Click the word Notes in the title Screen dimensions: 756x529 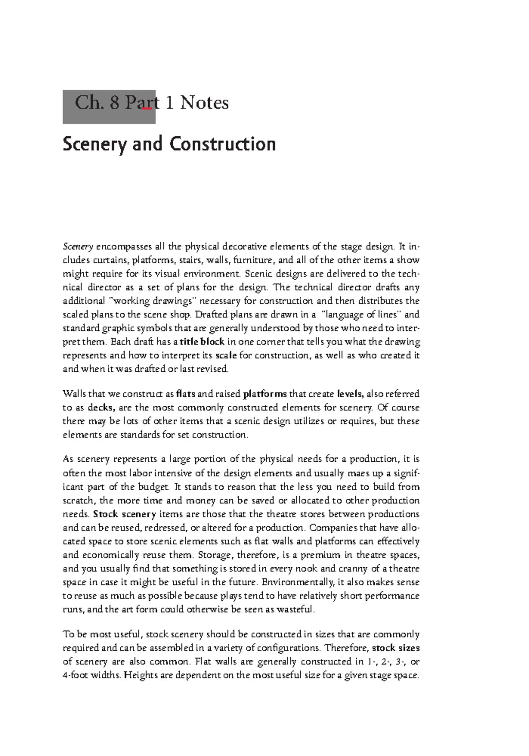pos(204,103)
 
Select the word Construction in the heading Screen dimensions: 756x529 pos(222,144)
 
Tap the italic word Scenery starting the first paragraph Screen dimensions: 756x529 pos(78,247)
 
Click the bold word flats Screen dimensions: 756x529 pos(185,393)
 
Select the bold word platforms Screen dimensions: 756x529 pos(265,393)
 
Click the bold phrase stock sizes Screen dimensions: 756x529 pos(395,648)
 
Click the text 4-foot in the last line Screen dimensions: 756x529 pos(75,676)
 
